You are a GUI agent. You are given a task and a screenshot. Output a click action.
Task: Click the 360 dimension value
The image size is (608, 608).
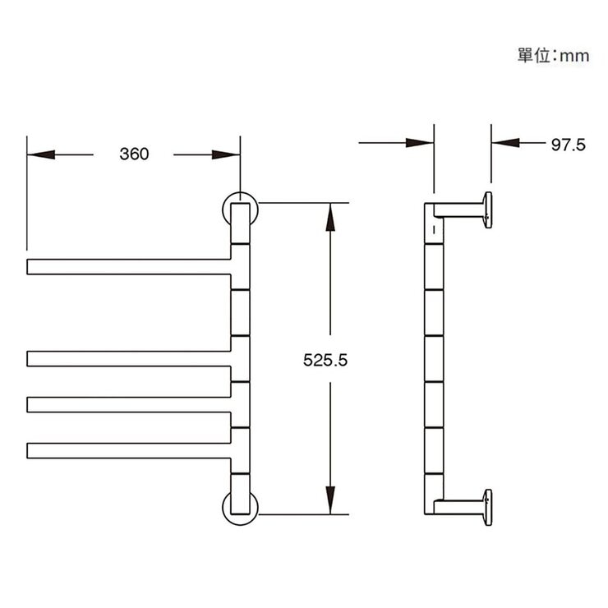(134, 154)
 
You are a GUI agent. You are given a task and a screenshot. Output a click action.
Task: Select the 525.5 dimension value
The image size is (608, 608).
(327, 360)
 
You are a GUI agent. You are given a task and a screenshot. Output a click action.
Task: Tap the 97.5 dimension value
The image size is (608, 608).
(568, 145)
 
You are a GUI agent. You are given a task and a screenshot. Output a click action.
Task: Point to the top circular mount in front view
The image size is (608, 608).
(240, 209)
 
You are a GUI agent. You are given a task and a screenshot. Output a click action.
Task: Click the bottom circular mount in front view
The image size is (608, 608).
(240, 507)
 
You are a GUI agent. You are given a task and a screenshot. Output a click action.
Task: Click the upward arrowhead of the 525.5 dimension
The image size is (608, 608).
(330, 215)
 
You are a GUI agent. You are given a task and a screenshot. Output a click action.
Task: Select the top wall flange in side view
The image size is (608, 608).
(488, 210)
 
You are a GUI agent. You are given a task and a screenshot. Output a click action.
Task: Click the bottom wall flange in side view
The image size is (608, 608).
(488, 507)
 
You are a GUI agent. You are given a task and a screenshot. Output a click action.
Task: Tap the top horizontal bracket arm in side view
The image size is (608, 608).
(458, 210)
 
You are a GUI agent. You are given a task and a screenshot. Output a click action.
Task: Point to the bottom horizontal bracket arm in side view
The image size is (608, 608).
(458, 507)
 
